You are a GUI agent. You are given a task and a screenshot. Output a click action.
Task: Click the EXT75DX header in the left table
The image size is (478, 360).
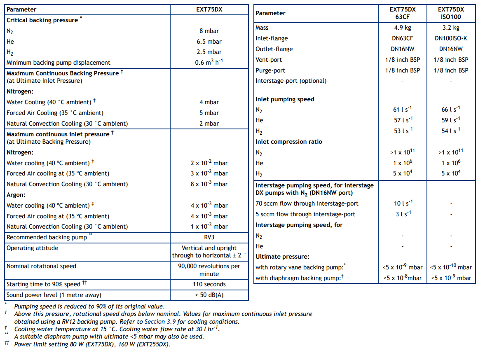click(209, 9)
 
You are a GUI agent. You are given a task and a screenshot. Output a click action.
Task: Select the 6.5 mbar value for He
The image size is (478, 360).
click(209, 42)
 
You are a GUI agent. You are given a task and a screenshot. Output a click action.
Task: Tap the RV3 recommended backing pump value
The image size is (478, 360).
click(209, 237)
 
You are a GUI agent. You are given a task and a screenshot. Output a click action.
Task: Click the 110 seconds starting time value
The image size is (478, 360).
click(209, 284)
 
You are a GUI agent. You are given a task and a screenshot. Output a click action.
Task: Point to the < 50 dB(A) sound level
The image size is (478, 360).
click(209, 295)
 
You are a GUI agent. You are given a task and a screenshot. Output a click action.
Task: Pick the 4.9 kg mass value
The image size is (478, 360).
click(402, 28)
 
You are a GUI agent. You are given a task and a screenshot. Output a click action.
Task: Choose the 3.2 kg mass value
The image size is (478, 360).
click(451, 28)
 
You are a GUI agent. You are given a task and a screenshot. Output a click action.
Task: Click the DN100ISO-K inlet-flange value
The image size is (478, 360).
click(451, 38)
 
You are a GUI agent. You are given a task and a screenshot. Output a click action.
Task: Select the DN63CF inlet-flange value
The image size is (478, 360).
click(402, 38)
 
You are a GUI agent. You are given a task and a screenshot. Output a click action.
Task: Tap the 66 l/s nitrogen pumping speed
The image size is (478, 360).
click(451, 110)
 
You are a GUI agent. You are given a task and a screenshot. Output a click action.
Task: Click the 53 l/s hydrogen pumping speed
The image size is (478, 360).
click(402, 131)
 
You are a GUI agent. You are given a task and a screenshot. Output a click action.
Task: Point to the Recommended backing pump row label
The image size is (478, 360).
click(47, 237)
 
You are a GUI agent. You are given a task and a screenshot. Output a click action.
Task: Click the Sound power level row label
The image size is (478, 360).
click(54, 295)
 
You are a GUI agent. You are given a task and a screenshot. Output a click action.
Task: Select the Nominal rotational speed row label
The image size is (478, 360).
click(41, 266)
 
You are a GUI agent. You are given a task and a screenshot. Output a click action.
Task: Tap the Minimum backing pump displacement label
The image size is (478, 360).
click(59, 63)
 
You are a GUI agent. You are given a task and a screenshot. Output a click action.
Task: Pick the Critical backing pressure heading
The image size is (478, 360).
click(42, 20)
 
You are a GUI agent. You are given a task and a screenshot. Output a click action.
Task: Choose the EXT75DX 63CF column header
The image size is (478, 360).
click(402, 13)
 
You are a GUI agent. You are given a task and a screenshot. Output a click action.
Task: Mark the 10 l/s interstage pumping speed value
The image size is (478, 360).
click(402, 203)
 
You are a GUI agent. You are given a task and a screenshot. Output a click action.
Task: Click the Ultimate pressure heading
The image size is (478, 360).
click(282, 257)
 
